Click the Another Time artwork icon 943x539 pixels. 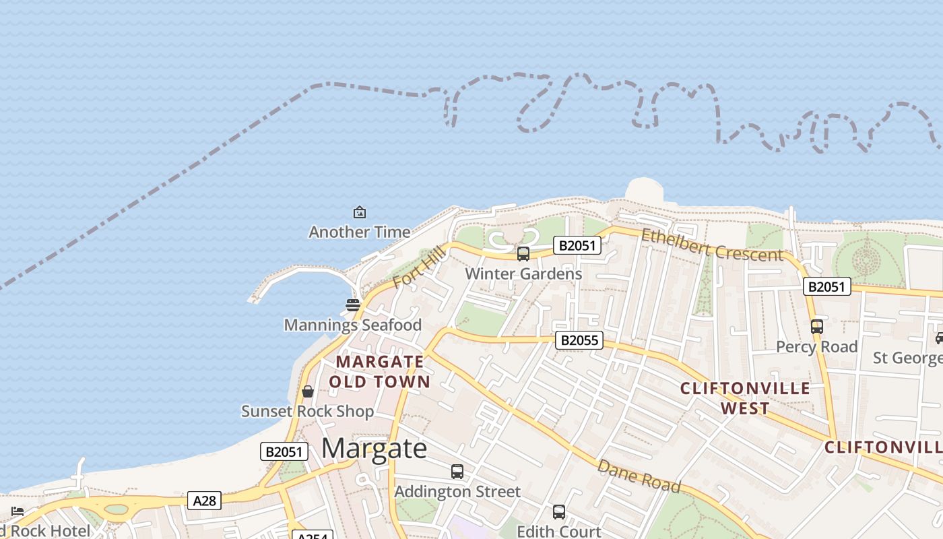pos(360,213)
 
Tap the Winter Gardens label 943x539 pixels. pos(523,274)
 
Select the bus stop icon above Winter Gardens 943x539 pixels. pos(523,254)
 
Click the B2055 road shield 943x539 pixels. pos(579,340)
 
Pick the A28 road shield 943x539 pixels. pos(204,501)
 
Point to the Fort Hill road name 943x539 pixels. pos(418,267)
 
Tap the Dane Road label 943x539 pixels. pos(639,476)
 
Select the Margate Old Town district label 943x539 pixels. pos(380,372)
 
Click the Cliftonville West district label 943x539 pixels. pos(745,398)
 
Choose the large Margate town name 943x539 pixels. pos(374,449)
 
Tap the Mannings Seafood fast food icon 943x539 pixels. pos(353,305)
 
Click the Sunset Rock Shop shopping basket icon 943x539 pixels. pos(308,391)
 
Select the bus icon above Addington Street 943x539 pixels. pos(457,472)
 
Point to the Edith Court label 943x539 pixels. pos(559,532)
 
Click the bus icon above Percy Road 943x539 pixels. pos(817,327)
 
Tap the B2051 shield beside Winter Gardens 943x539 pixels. pos(577,245)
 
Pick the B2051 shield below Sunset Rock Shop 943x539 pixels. pos(284,451)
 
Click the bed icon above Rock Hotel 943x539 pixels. pos(18,511)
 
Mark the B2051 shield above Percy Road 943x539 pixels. pos(827,287)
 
